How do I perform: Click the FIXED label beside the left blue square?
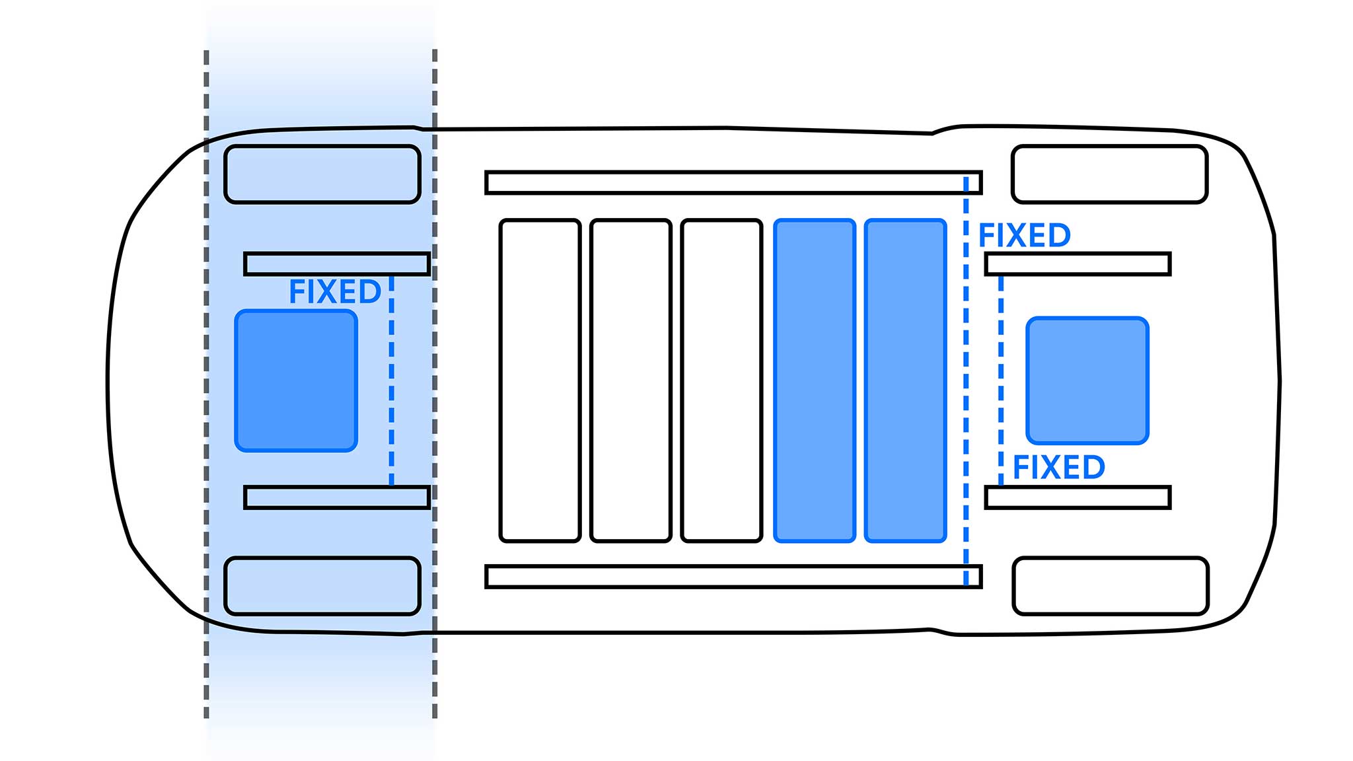pyautogui.click(x=335, y=292)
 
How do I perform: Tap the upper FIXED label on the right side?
pyautogui.click(x=1024, y=236)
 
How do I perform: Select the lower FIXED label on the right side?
pyautogui.click(x=1058, y=468)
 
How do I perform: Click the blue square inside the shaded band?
pyautogui.click(x=296, y=381)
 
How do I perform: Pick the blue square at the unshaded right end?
pyautogui.click(x=1087, y=380)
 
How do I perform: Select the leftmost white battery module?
pyautogui.click(x=540, y=380)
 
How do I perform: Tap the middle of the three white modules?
pyautogui.click(x=631, y=380)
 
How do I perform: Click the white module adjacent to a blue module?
pyautogui.click(x=721, y=380)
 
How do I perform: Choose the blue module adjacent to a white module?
pyautogui.click(x=815, y=380)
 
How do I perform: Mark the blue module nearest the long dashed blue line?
pyautogui.click(x=906, y=380)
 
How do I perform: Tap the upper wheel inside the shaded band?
pyautogui.click(x=322, y=174)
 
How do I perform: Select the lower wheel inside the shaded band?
pyautogui.click(x=322, y=586)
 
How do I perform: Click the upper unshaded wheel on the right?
pyautogui.click(x=1110, y=174)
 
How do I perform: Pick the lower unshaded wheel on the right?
pyautogui.click(x=1111, y=586)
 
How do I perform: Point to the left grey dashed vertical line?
pyautogui.click(x=206, y=383)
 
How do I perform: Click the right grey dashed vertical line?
pyautogui.click(x=435, y=383)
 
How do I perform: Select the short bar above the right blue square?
pyautogui.click(x=1078, y=264)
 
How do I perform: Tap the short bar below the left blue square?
pyautogui.click(x=337, y=497)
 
